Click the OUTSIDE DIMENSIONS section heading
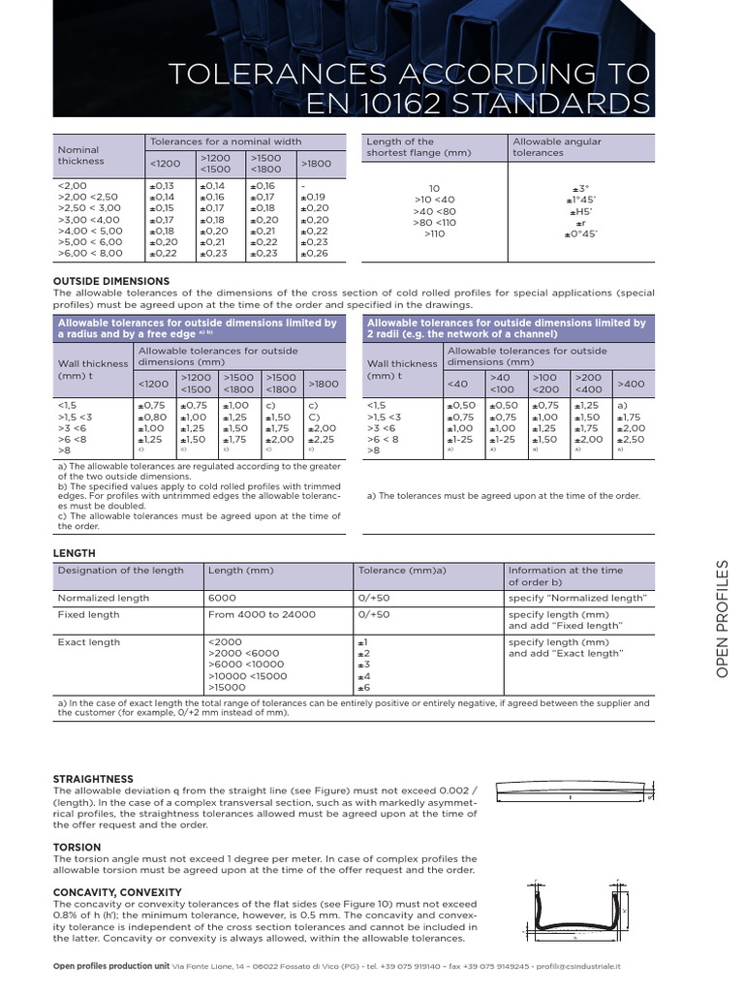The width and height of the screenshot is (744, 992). [111, 281]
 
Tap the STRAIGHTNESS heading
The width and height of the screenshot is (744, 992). [93, 778]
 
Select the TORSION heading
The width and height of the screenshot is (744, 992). [78, 847]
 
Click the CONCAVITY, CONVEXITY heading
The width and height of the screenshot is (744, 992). [117, 891]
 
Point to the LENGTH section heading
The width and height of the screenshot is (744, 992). [75, 552]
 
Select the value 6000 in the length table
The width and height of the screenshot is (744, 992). [222, 598]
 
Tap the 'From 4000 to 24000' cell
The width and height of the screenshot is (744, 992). [262, 614]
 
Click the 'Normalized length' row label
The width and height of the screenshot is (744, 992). [103, 598]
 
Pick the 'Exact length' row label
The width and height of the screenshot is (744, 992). [89, 642]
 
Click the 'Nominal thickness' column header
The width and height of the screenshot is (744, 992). [80, 156]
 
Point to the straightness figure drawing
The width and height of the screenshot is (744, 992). [573, 795]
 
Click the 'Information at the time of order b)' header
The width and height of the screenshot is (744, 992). [566, 576]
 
